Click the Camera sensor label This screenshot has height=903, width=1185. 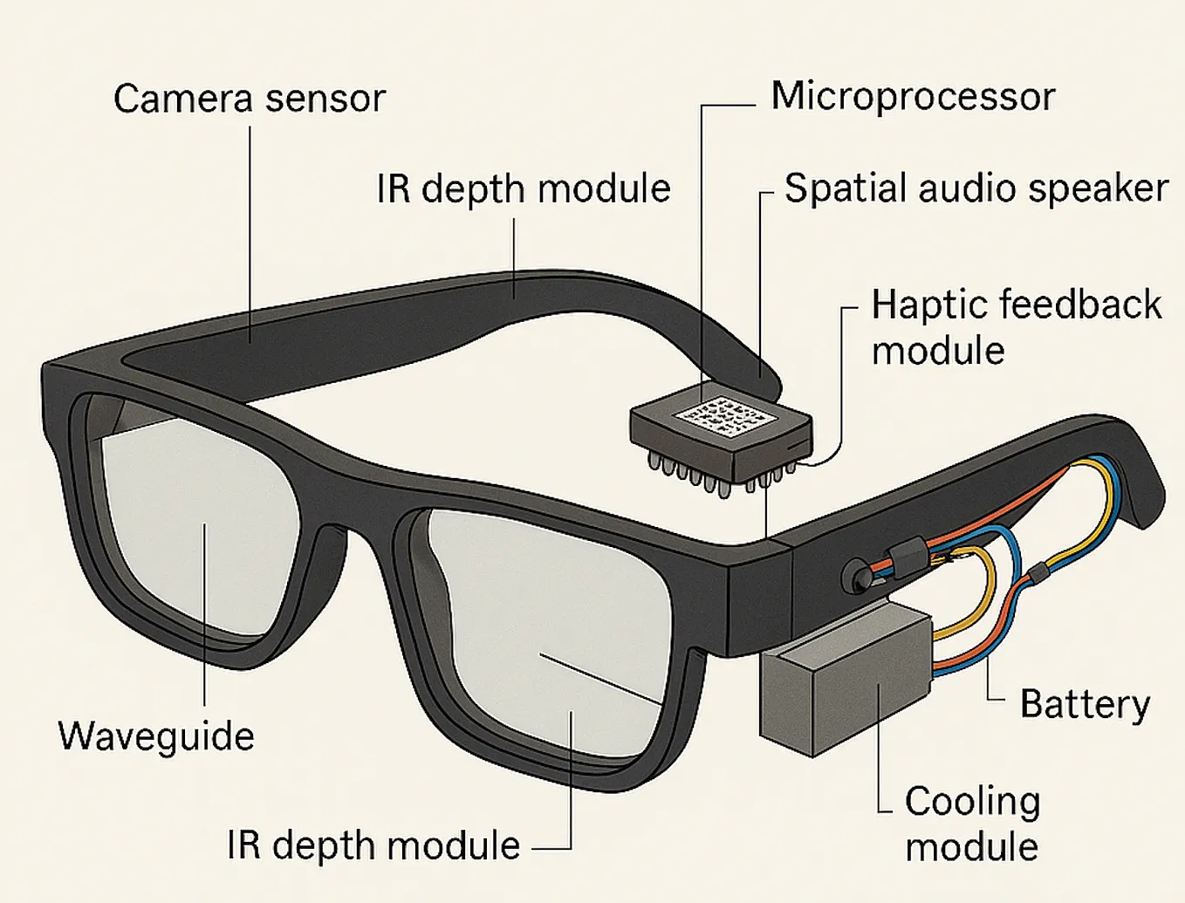pyautogui.click(x=250, y=99)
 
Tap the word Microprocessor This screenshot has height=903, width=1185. pyautogui.click(x=913, y=97)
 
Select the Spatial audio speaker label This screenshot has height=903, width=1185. pyautogui.click(x=976, y=188)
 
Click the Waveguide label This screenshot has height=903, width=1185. pyautogui.click(x=156, y=736)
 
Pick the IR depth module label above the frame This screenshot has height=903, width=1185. pyautogui.click(x=523, y=189)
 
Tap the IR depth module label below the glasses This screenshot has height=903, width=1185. pyautogui.click(x=373, y=845)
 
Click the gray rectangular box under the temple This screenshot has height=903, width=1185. pyautogui.click(x=846, y=681)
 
